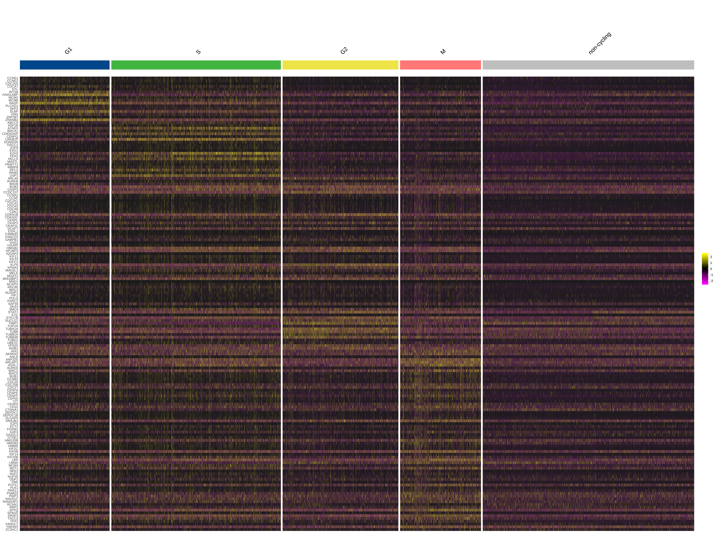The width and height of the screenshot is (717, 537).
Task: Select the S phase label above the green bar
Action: (198, 52)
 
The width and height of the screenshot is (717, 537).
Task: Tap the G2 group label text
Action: (344, 51)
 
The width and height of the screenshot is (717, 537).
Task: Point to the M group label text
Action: (443, 51)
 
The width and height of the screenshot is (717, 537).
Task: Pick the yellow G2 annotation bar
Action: (340, 65)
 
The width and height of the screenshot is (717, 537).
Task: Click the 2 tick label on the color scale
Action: (711, 257)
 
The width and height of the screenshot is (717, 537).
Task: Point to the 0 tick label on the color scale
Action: (711, 269)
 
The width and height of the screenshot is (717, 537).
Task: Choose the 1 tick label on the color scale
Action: (711, 263)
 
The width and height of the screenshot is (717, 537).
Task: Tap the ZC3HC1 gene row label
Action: (12, 530)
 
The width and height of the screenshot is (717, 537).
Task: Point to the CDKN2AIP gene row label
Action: (10, 134)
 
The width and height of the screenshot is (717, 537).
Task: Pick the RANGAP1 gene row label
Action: (10, 502)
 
